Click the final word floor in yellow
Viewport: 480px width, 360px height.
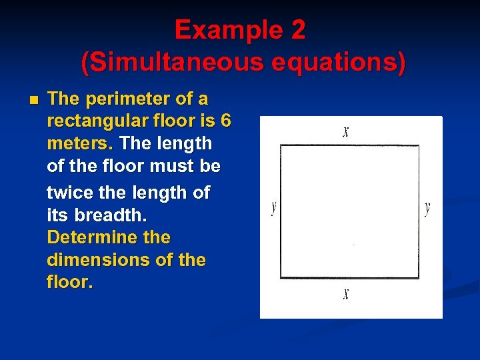pyautogui.click(x=69, y=282)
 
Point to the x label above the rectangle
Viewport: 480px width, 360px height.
pyautogui.click(x=346, y=131)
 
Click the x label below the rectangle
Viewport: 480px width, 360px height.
pyautogui.click(x=346, y=293)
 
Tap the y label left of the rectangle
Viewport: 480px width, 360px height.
pyautogui.click(x=273, y=208)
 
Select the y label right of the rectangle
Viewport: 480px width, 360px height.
pyautogui.click(x=427, y=208)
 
